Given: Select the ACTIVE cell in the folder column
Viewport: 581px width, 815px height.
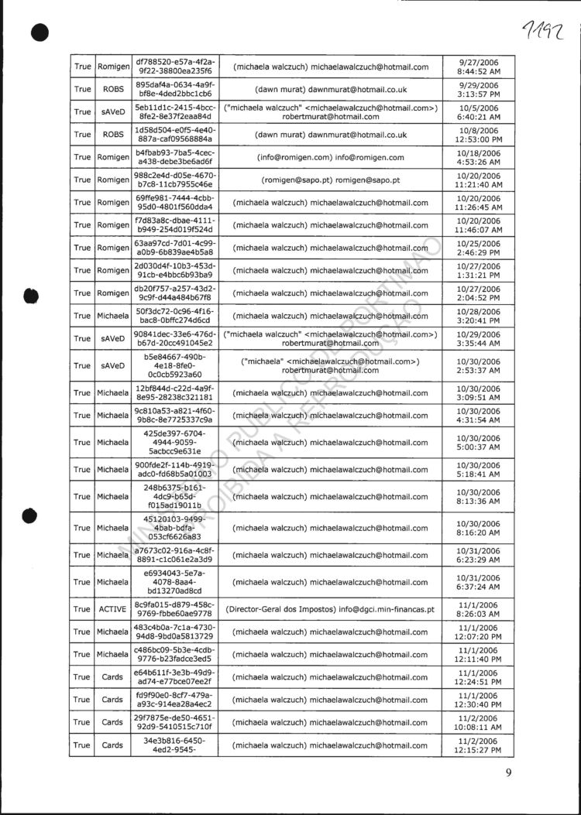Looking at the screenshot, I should [x=112, y=609].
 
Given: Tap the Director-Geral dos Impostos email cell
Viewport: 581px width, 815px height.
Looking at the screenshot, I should [x=329, y=609].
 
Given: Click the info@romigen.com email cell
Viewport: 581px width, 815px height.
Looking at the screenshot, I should [x=329, y=157].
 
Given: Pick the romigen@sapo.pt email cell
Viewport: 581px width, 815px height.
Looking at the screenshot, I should [x=329, y=180].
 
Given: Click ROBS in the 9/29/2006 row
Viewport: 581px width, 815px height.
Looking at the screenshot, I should [x=112, y=90].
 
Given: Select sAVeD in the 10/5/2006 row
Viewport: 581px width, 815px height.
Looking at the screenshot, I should [x=112, y=112].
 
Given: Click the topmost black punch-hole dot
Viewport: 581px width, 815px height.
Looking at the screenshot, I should [x=40, y=33].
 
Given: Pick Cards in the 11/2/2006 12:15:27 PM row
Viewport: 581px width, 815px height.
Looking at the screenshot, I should [x=112, y=745].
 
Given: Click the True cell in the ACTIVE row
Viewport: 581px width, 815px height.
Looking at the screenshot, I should [x=82, y=609].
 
